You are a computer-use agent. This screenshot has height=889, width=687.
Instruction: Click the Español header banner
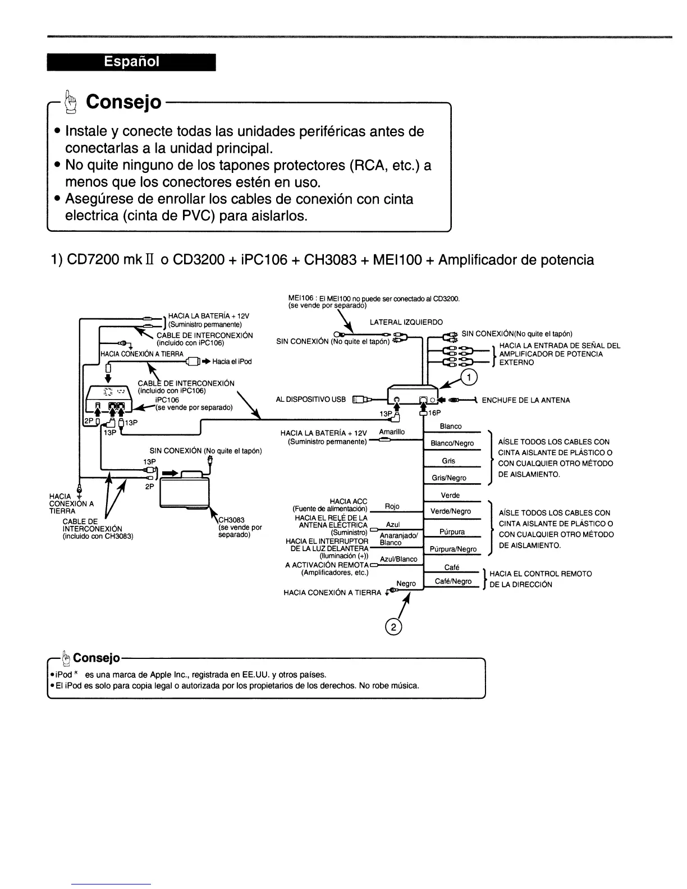point(131,62)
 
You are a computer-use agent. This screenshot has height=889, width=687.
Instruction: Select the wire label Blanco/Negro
point(452,443)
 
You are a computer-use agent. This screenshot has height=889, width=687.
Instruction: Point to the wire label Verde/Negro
point(451,511)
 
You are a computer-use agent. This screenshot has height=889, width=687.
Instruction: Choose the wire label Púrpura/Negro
point(452,549)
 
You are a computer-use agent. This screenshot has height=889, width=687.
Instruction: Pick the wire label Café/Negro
point(453,581)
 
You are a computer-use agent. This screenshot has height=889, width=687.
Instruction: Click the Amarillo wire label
point(392,432)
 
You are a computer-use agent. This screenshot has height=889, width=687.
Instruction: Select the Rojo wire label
point(392,507)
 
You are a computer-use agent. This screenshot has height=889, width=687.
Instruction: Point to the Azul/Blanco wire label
point(399,559)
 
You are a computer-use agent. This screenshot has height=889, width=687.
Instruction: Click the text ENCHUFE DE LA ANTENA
point(526,400)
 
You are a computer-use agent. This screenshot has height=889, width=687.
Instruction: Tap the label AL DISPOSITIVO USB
point(311,400)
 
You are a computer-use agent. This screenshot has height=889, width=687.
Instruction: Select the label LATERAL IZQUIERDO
point(406,322)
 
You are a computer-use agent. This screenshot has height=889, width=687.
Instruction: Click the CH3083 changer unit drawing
point(185,488)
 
